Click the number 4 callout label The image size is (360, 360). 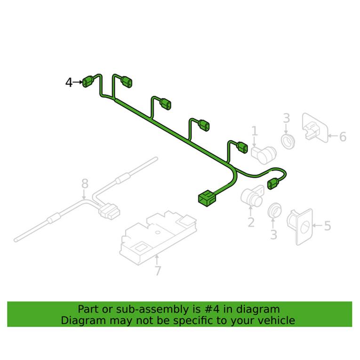click(69, 83)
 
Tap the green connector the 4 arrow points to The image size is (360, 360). click(88, 82)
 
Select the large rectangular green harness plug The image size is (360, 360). click(206, 198)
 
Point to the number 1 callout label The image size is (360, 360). click(255, 131)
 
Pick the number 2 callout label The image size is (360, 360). click(251, 222)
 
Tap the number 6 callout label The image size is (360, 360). click(342, 136)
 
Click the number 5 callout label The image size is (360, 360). click(327, 226)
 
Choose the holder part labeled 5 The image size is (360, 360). click(301, 226)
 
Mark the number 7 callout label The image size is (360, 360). click(158, 271)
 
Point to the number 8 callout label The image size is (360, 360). click(85, 184)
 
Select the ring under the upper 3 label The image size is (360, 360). click(287, 140)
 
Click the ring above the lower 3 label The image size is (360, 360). click(273, 211)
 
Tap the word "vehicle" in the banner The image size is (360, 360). click(278, 320)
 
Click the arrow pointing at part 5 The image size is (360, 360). click(317, 226)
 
